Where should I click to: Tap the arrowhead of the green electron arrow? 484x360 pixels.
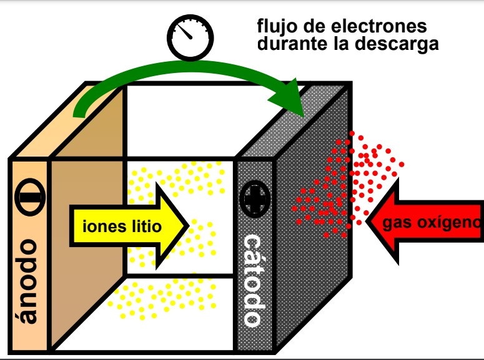[296, 103]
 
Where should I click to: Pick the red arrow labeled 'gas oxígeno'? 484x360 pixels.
[425, 223]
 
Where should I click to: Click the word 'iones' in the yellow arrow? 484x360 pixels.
[102, 226]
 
